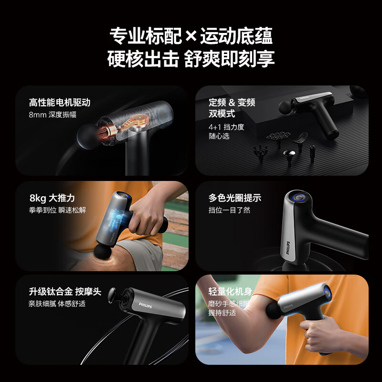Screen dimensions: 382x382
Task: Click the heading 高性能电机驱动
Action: [x=59, y=103]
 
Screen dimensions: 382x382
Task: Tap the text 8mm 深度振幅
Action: [x=53, y=115]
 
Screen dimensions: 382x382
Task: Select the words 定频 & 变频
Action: [x=232, y=103]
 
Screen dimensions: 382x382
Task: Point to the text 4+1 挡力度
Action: [x=226, y=127]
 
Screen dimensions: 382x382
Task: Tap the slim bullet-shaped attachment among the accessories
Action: [x=312, y=152]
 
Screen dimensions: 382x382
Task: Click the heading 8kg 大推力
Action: [x=52, y=198]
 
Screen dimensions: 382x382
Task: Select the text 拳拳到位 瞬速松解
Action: [x=57, y=210]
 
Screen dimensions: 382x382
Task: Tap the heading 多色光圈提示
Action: [x=234, y=198]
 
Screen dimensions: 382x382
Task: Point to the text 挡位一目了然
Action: [x=229, y=210]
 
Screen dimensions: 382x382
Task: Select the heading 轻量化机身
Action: [x=230, y=291]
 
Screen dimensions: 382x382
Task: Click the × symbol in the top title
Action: [x=191, y=36]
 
